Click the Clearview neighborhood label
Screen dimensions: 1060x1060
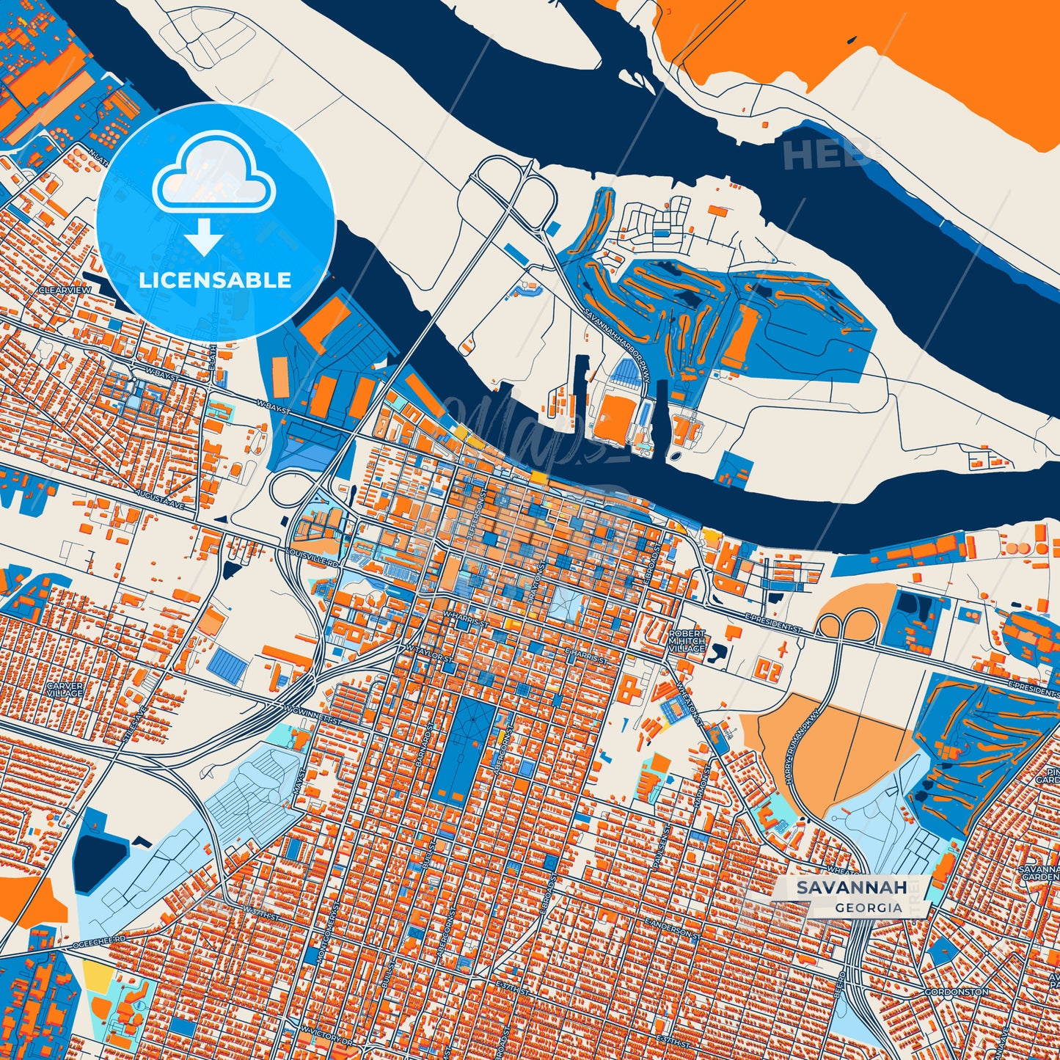pos(65,290)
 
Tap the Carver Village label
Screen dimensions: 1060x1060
pos(65,690)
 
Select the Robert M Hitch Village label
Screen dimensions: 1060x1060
pos(687,640)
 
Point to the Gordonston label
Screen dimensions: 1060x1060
pos(956,992)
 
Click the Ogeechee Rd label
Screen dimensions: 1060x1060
pos(100,942)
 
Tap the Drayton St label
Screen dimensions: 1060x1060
pos(535,585)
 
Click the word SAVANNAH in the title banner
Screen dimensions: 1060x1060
pos(852,888)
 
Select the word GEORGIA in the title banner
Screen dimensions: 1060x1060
pos(868,907)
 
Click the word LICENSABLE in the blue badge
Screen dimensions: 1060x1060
pos(215,280)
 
